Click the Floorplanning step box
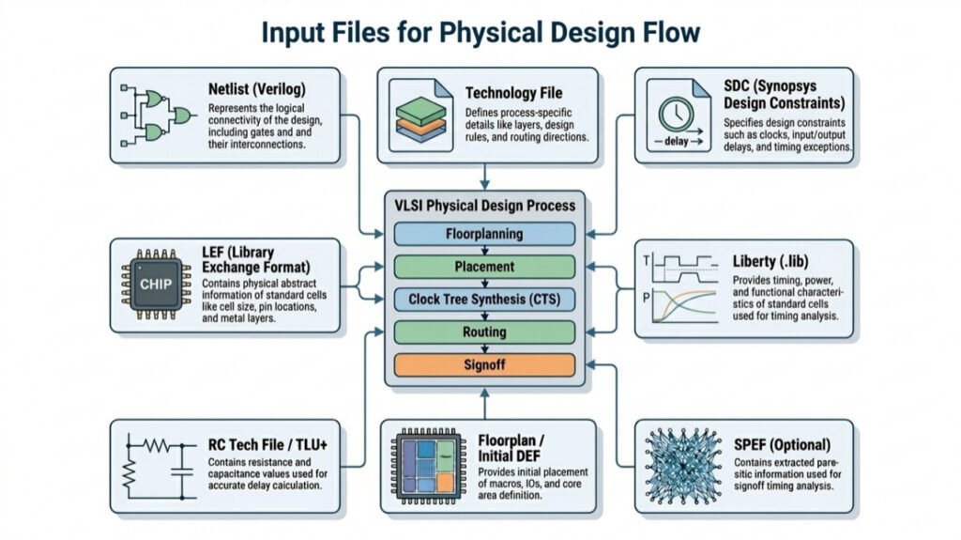484,234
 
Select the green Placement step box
484,267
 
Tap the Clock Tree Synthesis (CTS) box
484,299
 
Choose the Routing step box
484,332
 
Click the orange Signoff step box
484,363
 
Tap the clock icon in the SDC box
678,116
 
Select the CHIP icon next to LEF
151,285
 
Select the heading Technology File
513,93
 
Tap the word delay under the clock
676,143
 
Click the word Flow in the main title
666,33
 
